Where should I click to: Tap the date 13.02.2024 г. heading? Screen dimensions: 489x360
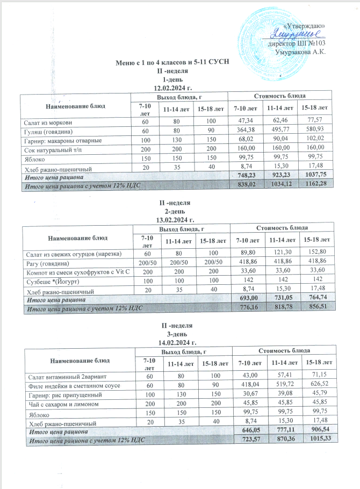(173, 220)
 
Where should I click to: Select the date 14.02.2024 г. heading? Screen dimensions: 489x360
(173, 341)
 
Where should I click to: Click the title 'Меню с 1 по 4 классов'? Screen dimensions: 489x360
(173, 63)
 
